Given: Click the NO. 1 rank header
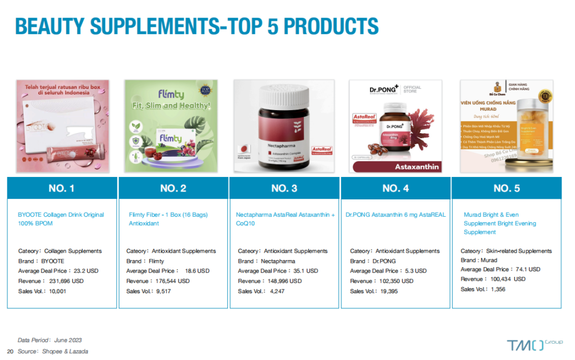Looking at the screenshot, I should click(x=62, y=188).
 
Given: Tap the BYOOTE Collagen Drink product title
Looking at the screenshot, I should click(x=61, y=219).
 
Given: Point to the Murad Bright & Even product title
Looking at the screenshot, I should click(x=500, y=223).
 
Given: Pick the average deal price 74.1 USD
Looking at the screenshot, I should click(x=526, y=270).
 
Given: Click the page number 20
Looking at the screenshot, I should click(x=10, y=351).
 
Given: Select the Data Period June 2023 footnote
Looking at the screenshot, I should click(x=50, y=340).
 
